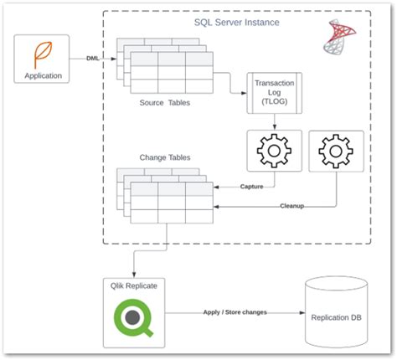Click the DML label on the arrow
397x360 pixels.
(95, 59)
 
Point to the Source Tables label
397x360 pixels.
(165, 103)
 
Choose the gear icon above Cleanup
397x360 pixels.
(336, 152)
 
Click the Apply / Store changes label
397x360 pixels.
(235, 311)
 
